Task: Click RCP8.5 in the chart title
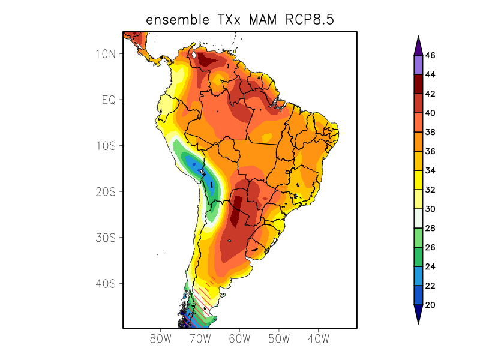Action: point(306,20)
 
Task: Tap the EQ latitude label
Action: point(109,100)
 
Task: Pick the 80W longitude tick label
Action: point(161,339)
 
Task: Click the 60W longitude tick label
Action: point(239,339)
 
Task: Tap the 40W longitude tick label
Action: point(318,339)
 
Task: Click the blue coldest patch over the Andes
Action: point(193,163)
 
